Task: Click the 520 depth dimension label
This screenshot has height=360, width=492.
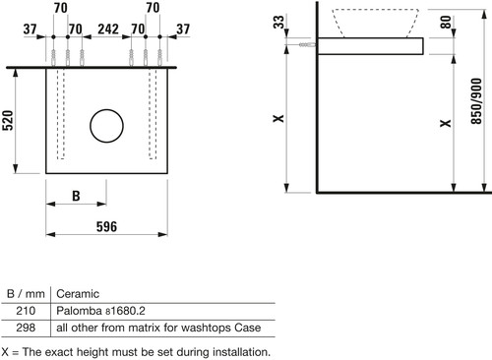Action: coord(8,120)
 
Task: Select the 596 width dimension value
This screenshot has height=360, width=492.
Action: coord(106,226)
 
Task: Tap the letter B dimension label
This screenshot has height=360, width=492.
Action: coord(76,196)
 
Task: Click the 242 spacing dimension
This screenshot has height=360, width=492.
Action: coord(108,29)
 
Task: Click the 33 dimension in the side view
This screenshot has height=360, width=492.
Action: coord(278,22)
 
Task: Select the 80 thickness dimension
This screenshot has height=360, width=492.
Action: coord(446,22)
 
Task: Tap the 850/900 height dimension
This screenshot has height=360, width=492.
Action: coord(476,101)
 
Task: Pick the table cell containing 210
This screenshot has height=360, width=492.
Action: coord(26,311)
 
